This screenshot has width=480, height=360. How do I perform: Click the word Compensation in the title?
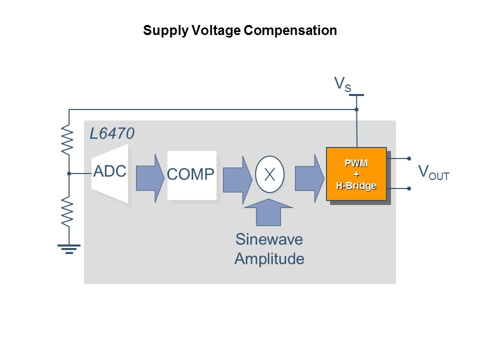290,30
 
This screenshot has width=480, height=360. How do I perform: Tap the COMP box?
192,174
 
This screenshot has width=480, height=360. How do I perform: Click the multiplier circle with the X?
269,174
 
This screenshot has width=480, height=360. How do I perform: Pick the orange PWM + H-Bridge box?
356,173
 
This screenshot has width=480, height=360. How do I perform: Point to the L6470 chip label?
112,134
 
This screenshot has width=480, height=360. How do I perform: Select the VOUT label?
433,173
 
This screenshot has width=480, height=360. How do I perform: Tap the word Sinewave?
269,239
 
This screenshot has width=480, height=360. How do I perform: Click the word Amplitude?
269,259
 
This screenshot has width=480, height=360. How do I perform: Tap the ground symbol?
69,248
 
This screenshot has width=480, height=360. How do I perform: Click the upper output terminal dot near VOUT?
409,158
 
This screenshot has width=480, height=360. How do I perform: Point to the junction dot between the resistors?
69,173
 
